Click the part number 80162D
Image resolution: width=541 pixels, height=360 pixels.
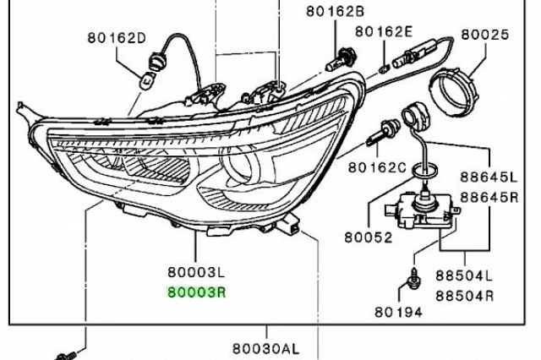click(x=116, y=37)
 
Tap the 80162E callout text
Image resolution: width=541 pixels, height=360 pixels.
click(x=383, y=31)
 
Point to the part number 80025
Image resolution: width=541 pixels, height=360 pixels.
click(x=484, y=36)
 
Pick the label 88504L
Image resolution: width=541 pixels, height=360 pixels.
click(x=464, y=276)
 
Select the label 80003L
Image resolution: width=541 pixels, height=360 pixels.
click(x=195, y=272)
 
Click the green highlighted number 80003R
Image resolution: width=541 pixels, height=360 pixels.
click(x=195, y=292)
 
